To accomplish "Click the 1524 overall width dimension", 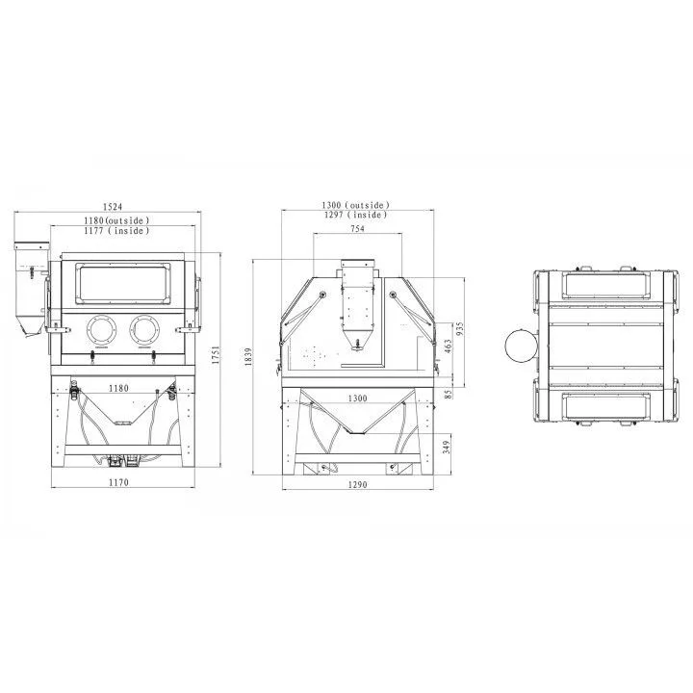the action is (113, 206).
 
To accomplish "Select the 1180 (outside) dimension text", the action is (116, 220).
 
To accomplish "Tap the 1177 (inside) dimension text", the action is (116, 230).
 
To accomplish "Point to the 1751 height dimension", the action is (216, 355).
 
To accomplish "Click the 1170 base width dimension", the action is (118, 482).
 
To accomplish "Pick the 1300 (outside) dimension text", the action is (356, 205).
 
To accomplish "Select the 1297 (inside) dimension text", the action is (356, 215).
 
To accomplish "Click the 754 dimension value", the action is (357, 228).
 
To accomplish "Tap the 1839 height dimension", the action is (248, 357).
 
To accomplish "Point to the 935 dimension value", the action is (460, 329).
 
